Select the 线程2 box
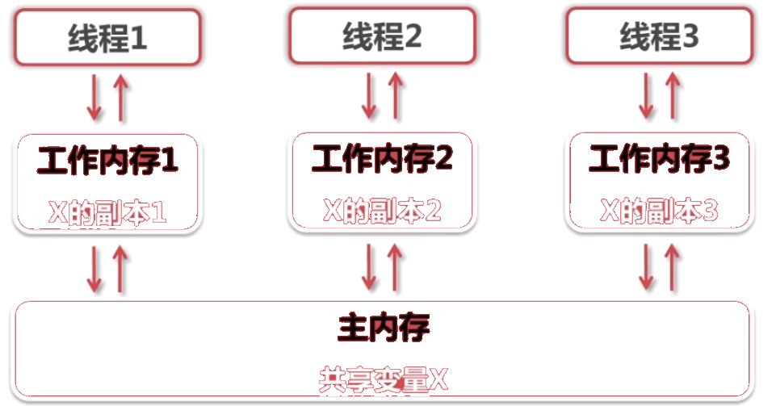coord(382,36)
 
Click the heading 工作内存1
coord(107,161)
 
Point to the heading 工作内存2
coord(382,160)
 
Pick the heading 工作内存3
coord(659,160)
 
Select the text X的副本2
coord(382,211)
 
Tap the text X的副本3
coord(659,211)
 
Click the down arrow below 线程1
coord(95,97)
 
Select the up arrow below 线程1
coord(120,97)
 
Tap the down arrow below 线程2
coord(369,96)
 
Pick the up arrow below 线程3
coord(672,96)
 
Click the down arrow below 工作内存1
coord(95,269)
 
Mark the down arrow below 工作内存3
coord(647,266)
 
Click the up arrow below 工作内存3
coord(672,266)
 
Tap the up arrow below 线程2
coord(396,96)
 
